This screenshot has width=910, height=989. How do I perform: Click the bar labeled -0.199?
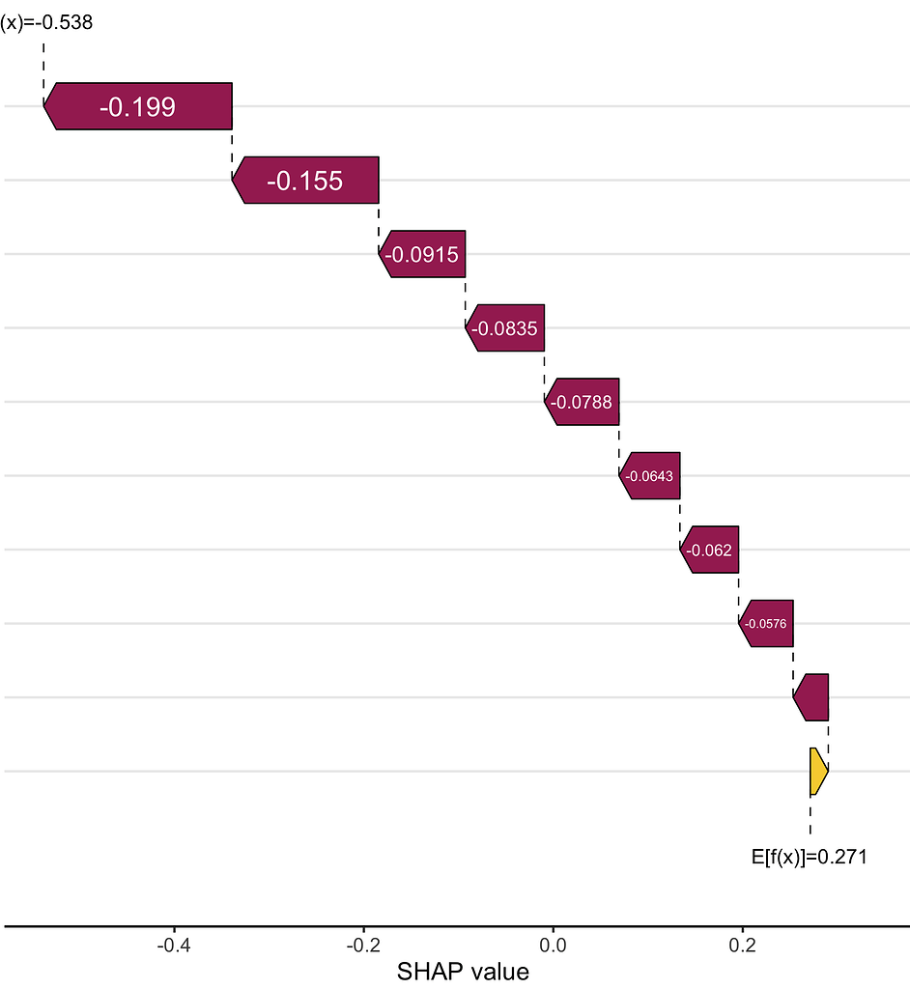138,106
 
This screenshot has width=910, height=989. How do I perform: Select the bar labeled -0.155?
305,180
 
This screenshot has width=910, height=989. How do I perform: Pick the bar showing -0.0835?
504,327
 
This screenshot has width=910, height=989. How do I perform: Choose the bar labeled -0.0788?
581,402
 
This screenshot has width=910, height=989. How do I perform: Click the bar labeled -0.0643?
649,475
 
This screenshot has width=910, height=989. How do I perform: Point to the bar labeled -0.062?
709,550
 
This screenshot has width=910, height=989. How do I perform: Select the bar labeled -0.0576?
766,623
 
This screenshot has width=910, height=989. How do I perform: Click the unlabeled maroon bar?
812,697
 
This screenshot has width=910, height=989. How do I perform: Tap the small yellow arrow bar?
817,772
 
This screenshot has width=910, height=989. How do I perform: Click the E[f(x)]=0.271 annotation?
809,856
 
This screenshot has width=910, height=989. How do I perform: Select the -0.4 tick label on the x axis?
173,943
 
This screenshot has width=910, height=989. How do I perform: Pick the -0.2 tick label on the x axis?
362,943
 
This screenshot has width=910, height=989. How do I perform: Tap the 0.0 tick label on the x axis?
553,943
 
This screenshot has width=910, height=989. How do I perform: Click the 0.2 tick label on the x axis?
742,943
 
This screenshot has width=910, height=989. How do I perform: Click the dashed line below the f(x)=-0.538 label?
43,60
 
